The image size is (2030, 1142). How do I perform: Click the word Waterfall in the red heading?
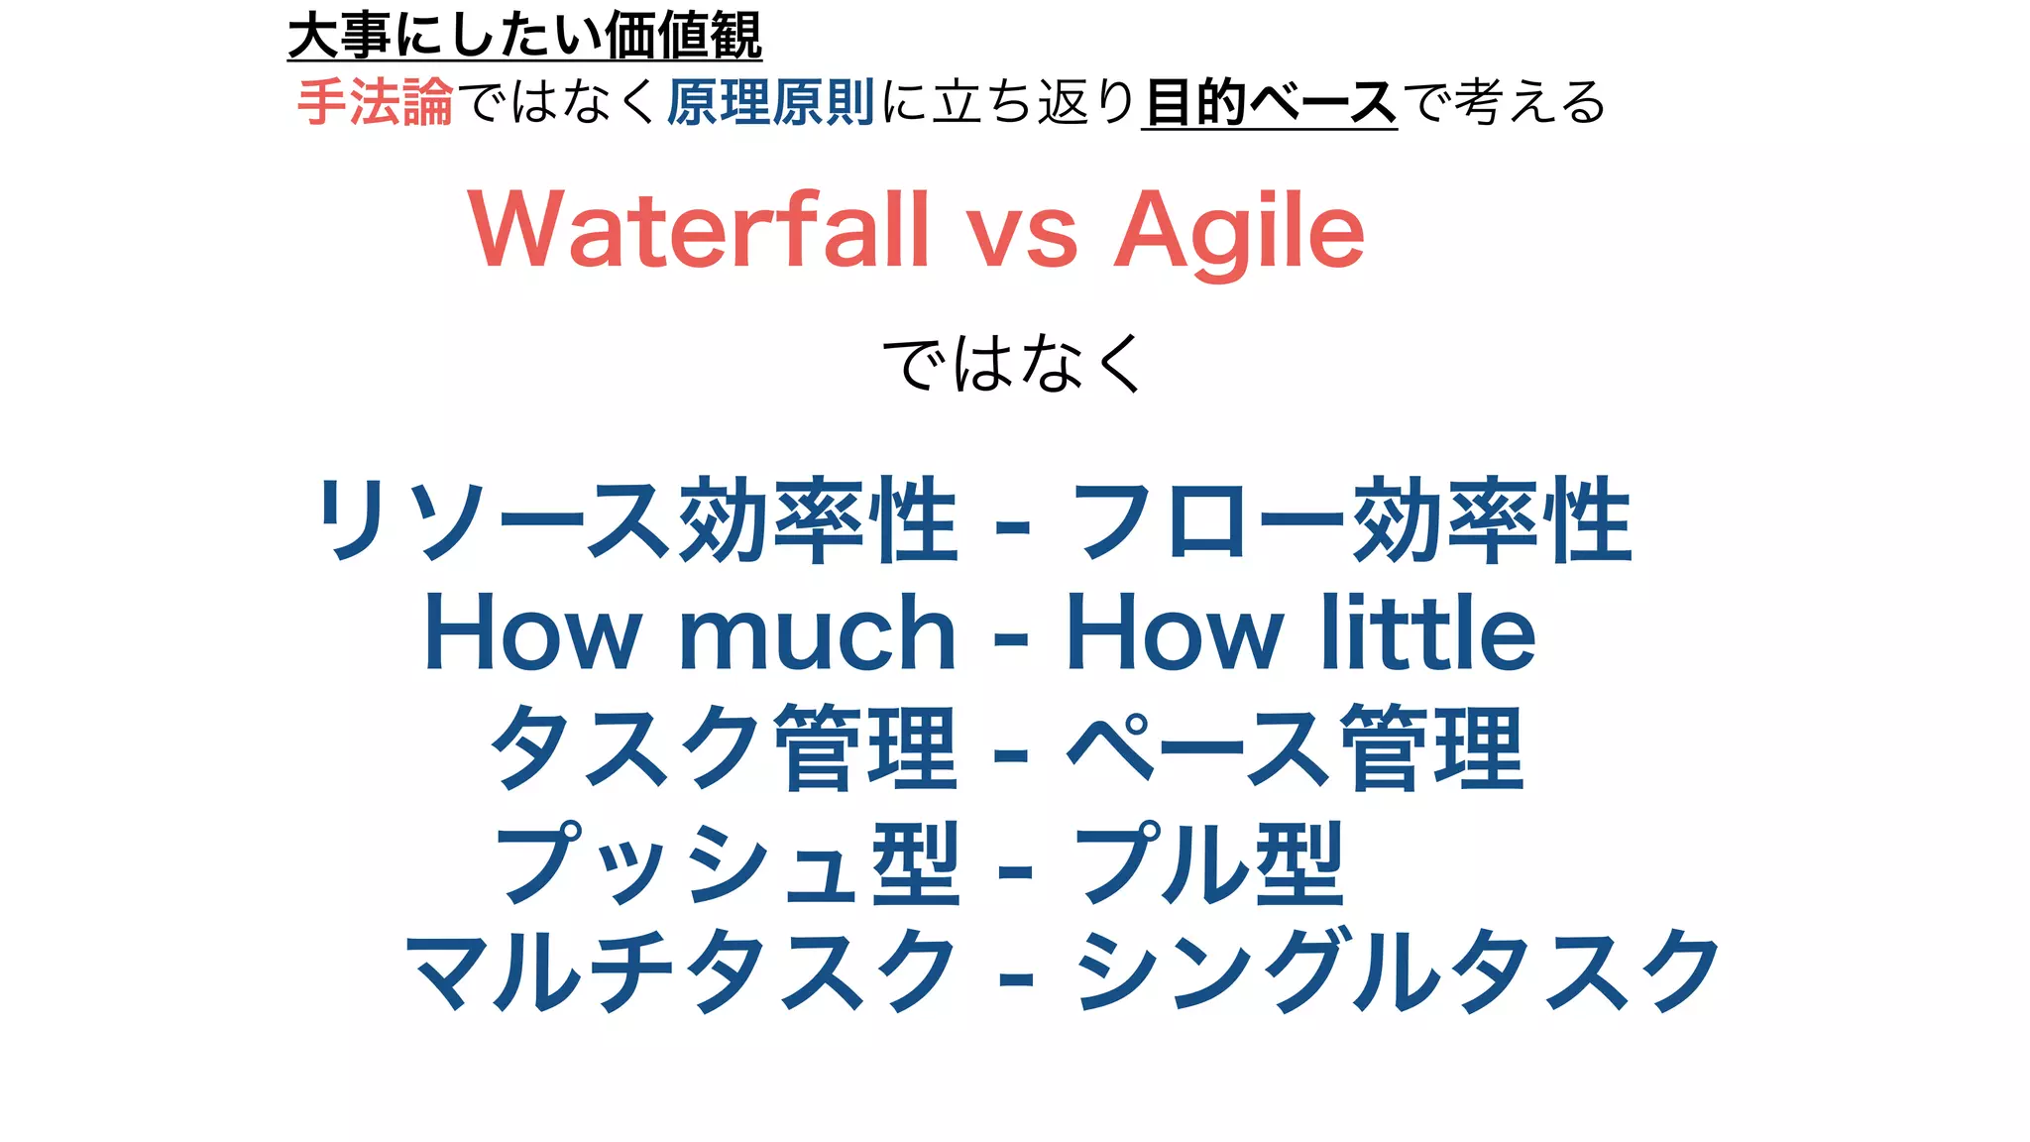[699, 230]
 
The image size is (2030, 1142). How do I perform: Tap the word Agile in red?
[1239, 232]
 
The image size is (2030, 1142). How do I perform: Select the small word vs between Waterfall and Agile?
[1022, 238]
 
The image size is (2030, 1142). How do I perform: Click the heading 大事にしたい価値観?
[524, 36]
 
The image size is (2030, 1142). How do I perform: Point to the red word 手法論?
[376, 102]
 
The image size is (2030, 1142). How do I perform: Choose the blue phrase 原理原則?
[770, 102]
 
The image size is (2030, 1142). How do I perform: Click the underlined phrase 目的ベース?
[1270, 103]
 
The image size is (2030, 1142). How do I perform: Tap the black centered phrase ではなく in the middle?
[1013, 363]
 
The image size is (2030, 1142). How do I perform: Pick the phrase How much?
[689, 633]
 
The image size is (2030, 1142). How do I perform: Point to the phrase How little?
[1300, 633]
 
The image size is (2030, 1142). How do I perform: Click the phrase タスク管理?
[724, 747]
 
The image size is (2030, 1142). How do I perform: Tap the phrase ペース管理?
[1295, 747]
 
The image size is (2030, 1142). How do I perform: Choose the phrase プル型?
[1209, 861]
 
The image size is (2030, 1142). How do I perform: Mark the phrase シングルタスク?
[1398, 971]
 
